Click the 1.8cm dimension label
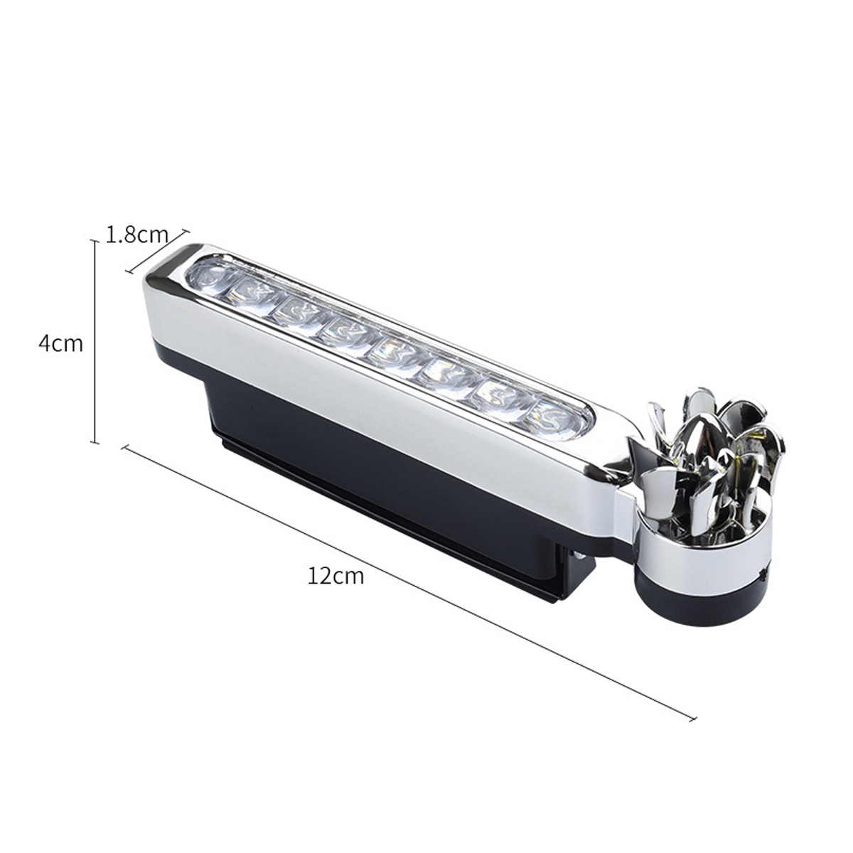tap(136, 234)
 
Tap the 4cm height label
tap(60, 343)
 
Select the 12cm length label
tap(336, 575)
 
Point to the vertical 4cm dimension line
tap(95, 341)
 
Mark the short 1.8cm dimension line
tap(158, 250)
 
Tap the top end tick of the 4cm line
tap(95, 242)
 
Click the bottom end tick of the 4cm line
tap(95, 441)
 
